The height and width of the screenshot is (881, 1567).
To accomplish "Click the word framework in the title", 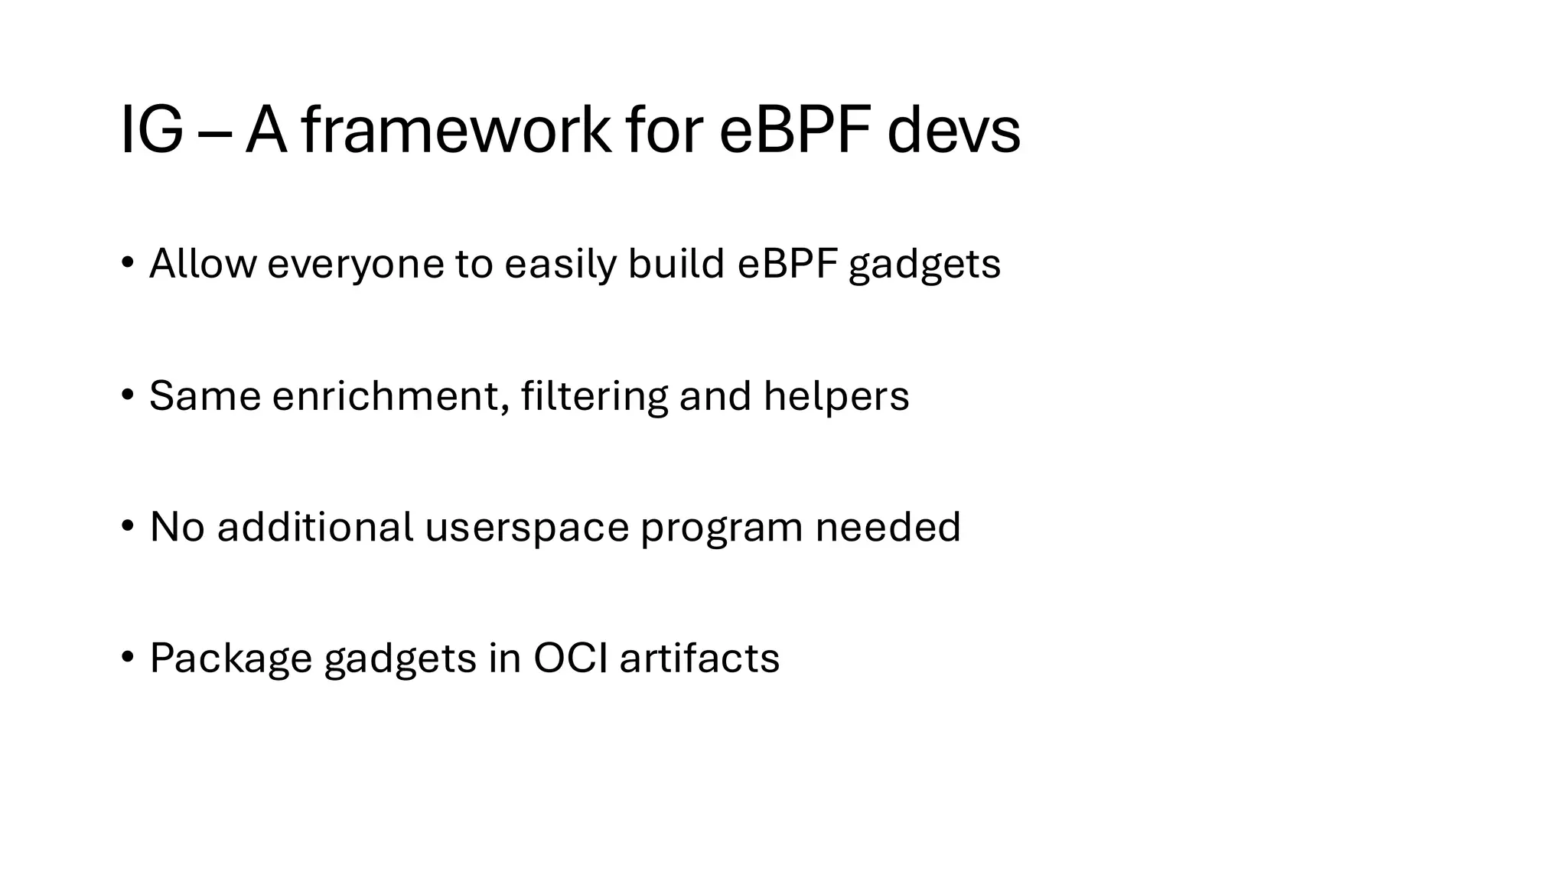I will [456, 131].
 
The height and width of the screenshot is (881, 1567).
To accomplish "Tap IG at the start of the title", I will [151, 131].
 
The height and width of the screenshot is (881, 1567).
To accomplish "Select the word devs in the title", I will [953, 131].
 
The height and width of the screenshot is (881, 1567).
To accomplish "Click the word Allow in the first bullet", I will [203, 264].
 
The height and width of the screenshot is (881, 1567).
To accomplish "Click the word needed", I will [888, 527].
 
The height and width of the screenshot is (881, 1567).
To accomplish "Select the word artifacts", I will [699, 658].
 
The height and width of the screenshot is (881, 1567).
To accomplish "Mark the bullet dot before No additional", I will [127, 526].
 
